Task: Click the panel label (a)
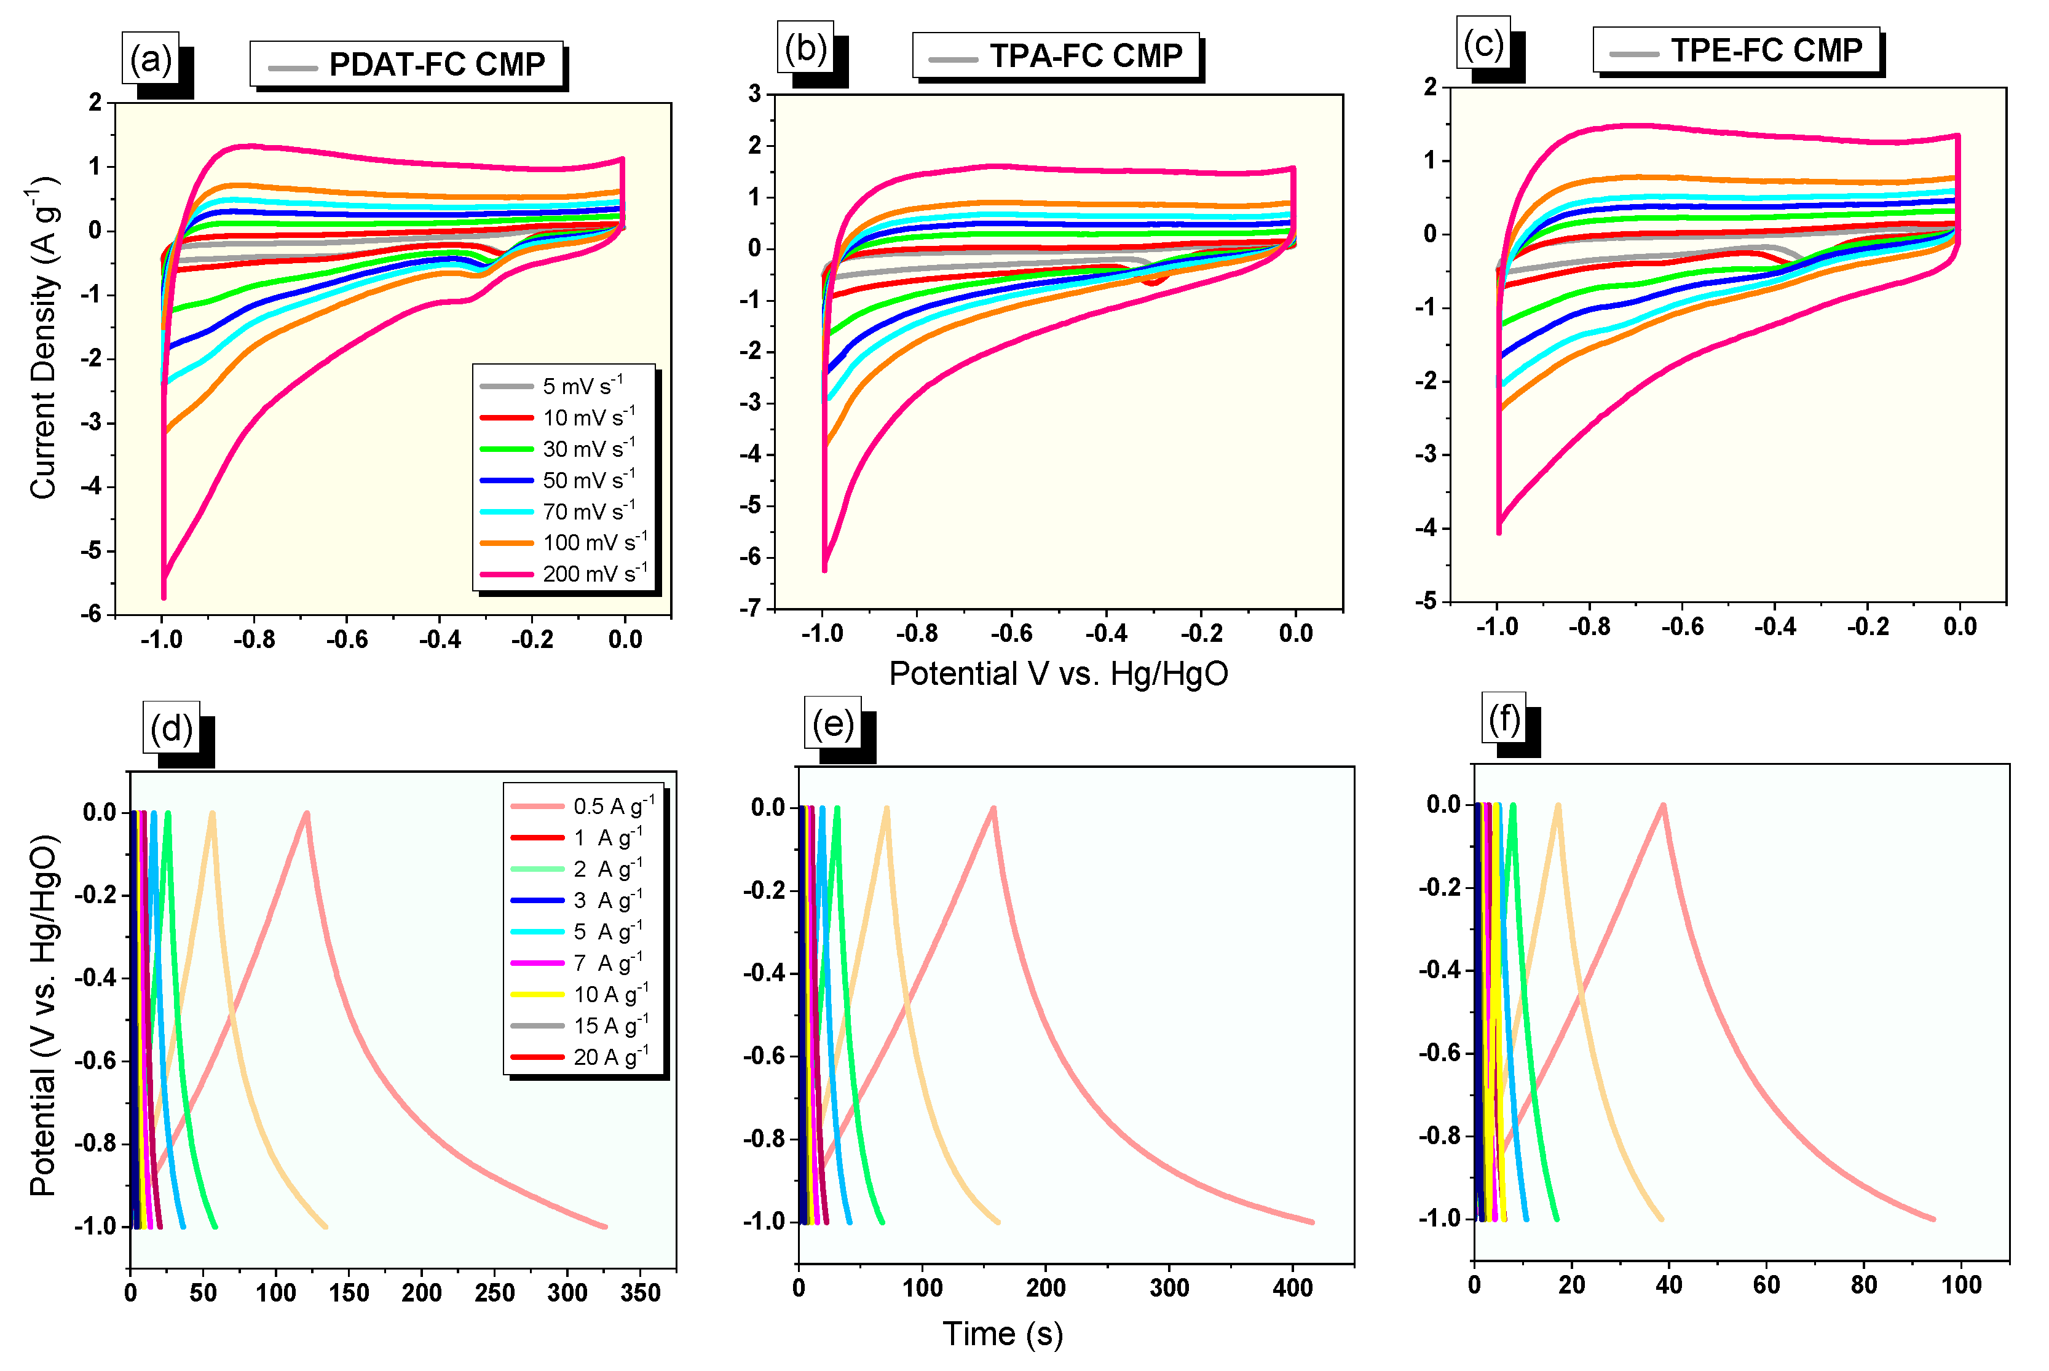click(x=151, y=60)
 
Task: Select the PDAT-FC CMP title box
click(x=406, y=65)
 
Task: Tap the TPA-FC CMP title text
click(x=1086, y=56)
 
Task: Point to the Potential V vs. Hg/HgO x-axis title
click(x=1058, y=673)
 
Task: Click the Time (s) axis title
click(x=1002, y=1333)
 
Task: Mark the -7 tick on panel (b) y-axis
click(x=749, y=609)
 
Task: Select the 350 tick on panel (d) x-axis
click(x=640, y=1292)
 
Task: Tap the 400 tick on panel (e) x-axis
click(x=1292, y=1287)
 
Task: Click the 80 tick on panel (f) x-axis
click(x=1863, y=1284)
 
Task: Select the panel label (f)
click(x=1504, y=719)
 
